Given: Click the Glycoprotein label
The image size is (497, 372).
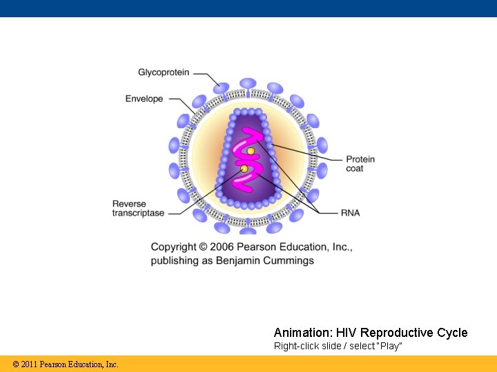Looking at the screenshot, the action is (x=164, y=72).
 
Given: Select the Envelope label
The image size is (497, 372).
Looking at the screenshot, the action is (x=144, y=99).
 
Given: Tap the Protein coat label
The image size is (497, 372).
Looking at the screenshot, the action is (x=360, y=164).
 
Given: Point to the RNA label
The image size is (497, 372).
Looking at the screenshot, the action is (x=350, y=213).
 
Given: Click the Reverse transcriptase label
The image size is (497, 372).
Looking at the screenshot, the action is (x=139, y=208).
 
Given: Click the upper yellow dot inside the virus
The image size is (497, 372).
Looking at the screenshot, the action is (x=251, y=151).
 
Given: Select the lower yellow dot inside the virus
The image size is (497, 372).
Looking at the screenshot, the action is (x=244, y=169).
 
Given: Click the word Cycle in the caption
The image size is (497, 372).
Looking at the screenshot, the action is (x=452, y=333).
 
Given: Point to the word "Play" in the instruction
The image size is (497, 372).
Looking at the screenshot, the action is (x=390, y=346).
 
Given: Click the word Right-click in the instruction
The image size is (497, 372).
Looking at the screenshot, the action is (x=293, y=346).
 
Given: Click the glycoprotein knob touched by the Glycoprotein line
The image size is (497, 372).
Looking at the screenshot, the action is (x=222, y=87).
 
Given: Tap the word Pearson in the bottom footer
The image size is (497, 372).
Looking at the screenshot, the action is (x=55, y=364).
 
